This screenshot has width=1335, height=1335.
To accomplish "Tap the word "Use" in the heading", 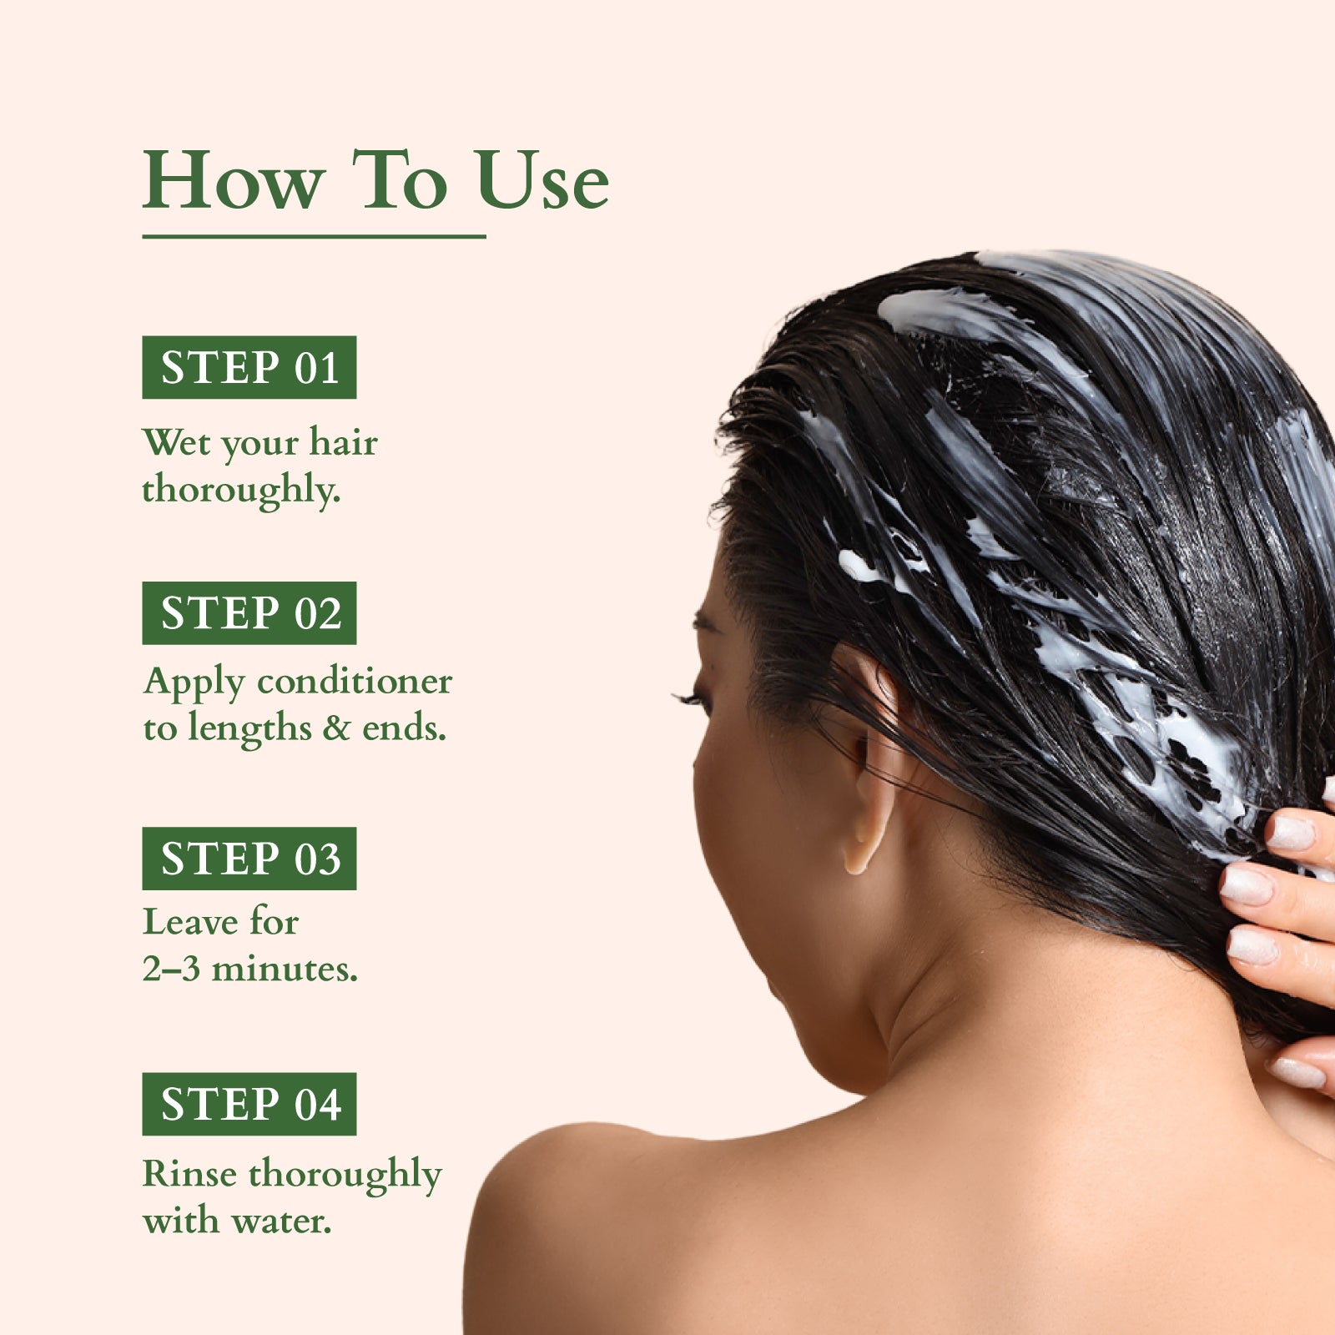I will (542, 181).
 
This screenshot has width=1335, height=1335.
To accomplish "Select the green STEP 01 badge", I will (249, 367).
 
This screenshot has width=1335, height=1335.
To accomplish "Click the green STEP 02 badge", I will (249, 613).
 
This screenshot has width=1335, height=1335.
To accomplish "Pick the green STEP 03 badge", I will (249, 859).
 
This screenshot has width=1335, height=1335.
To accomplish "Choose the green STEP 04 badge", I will (249, 1104).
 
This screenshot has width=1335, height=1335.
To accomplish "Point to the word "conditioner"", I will (355, 682).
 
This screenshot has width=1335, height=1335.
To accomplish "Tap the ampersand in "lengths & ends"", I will (336, 728).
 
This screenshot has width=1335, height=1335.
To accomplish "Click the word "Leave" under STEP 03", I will (189, 922).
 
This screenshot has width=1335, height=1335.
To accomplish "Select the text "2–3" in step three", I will (171, 969).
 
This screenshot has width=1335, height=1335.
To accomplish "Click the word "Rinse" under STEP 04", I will (189, 1174).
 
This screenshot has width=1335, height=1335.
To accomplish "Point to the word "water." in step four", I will (281, 1222).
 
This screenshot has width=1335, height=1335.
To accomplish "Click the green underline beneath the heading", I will (314, 237).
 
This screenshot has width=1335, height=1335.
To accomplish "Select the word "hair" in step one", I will (343, 442).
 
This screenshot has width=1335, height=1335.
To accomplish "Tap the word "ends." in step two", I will (404, 728).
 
